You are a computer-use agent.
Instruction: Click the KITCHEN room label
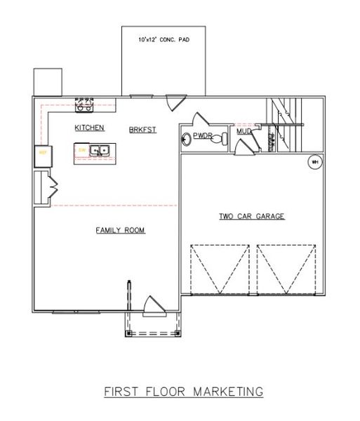click(x=91, y=128)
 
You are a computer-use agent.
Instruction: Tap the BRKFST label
click(x=142, y=130)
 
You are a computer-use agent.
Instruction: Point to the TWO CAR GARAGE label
click(x=251, y=217)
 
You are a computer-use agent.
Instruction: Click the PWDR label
click(x=203, y=137)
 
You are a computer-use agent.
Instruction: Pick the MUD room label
click(x=243, y=131)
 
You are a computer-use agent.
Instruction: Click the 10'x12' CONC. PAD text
click(x=164, y=41)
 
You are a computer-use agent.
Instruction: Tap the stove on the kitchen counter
click(x=84, y=105)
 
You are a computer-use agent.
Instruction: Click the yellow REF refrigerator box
click(x=42, y=152)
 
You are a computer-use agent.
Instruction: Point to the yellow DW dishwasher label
click(x=82, y=149)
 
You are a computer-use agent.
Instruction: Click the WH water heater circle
click(x=314, y=162)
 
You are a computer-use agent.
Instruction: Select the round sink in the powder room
click(x=187, y=138)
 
